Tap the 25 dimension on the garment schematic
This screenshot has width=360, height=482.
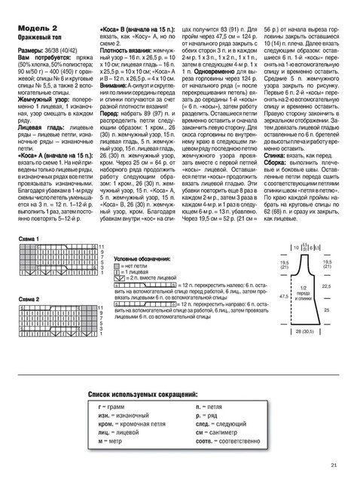(x=325, y=310)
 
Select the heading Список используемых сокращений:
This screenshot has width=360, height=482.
(x=143, y=394)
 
